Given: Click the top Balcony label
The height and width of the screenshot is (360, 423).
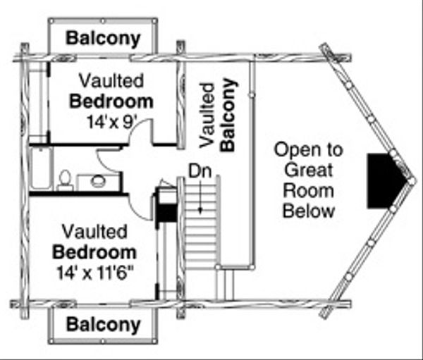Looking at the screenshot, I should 104,37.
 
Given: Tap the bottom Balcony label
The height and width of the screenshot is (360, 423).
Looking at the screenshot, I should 104,325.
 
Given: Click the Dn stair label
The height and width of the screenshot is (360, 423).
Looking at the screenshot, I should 200,170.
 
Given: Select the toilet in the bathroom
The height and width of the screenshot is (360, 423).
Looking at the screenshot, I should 65,180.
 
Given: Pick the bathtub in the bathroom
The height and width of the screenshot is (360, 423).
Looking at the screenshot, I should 39,168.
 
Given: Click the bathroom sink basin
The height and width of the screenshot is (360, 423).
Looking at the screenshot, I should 97,182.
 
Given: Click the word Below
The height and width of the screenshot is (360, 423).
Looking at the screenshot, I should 307,209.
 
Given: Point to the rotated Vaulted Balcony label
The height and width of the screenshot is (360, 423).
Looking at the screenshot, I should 218,114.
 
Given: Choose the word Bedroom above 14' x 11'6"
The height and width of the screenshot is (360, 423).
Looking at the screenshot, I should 94,251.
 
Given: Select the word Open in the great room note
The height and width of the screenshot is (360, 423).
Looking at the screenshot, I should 308,149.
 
